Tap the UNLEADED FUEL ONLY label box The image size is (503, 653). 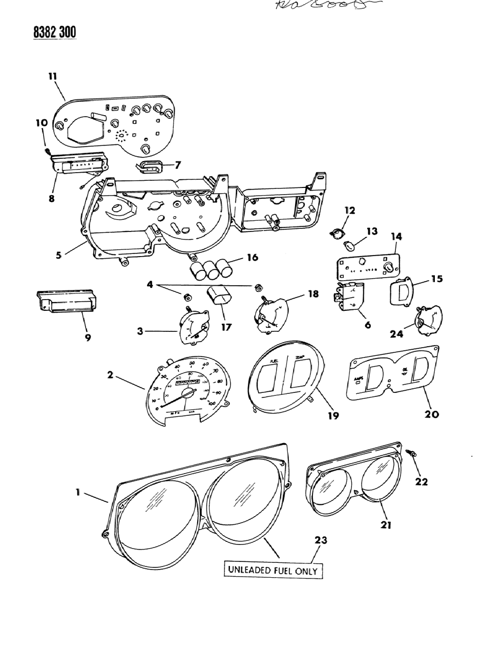click(273, 570)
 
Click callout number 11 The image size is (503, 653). click(52, 76)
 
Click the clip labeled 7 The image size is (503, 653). click(149, 165)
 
